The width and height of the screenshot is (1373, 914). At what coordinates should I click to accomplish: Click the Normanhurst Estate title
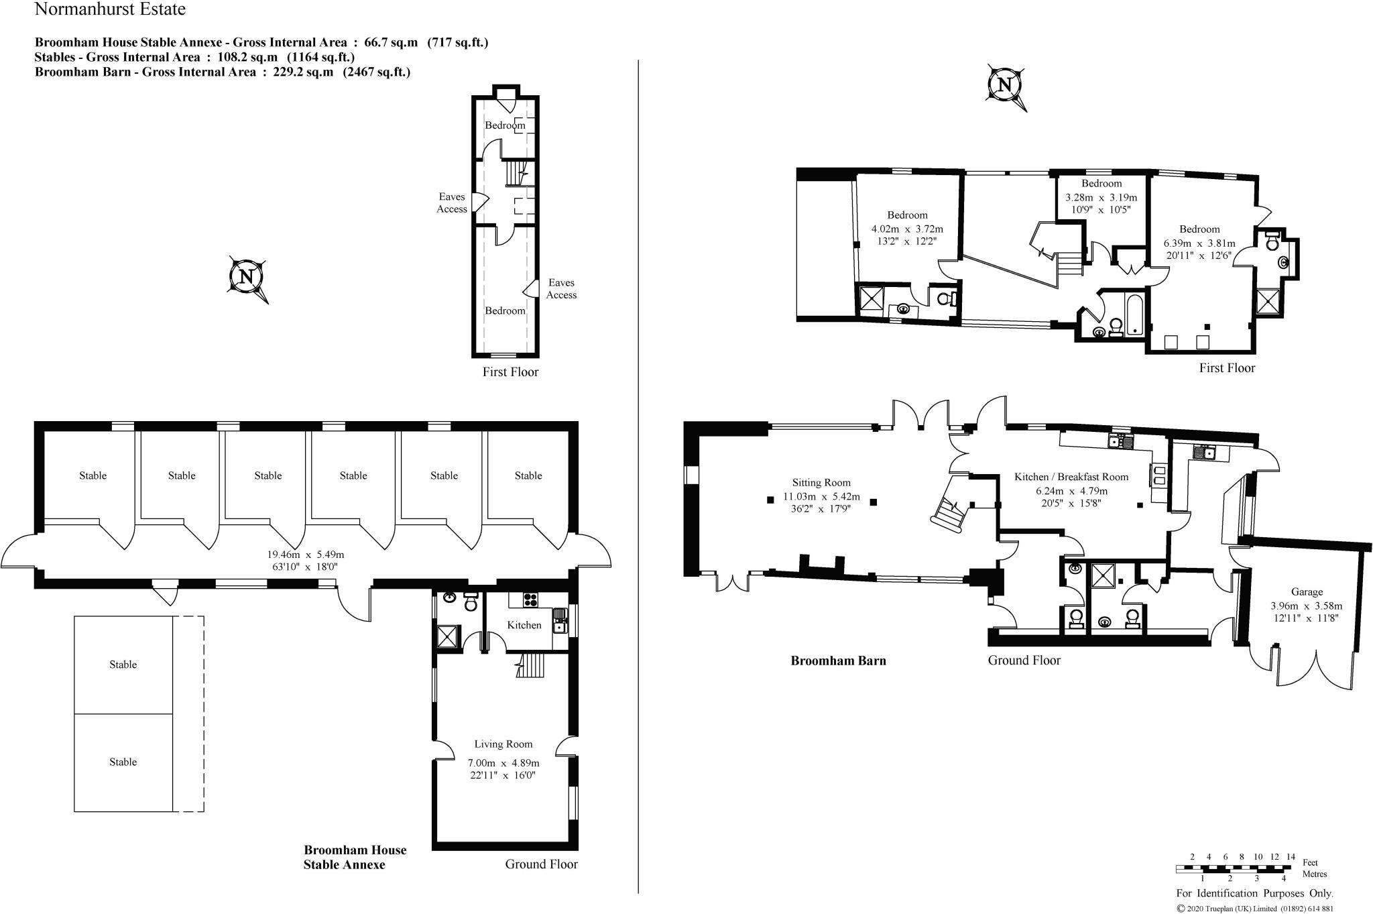(110, 9)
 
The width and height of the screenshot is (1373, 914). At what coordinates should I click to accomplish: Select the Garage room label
(1307, 591)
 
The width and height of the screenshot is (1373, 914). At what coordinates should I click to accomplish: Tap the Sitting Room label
(821, 482)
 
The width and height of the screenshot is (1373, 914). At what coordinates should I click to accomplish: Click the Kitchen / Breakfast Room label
(1071, 477)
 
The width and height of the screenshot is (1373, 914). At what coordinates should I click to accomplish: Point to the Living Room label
(503, 744)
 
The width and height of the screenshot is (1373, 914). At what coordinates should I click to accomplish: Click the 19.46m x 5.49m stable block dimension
(306, 555)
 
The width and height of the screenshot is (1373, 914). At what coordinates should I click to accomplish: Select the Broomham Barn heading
(838, 661)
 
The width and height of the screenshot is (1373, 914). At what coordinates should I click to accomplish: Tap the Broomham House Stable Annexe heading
(355, 857)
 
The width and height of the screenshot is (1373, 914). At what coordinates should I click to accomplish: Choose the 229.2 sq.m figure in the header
(303, 72)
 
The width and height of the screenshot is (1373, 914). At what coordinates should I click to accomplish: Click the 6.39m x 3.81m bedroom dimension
(1199, 243)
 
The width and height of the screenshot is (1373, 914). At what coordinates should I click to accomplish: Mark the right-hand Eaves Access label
(561, 289)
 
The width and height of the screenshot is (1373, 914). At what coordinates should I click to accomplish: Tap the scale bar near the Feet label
(1234, 868)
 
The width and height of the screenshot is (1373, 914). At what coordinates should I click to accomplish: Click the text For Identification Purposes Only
(1254, 893)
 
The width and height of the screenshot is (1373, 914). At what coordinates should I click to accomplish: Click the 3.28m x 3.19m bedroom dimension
(1101, 197)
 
